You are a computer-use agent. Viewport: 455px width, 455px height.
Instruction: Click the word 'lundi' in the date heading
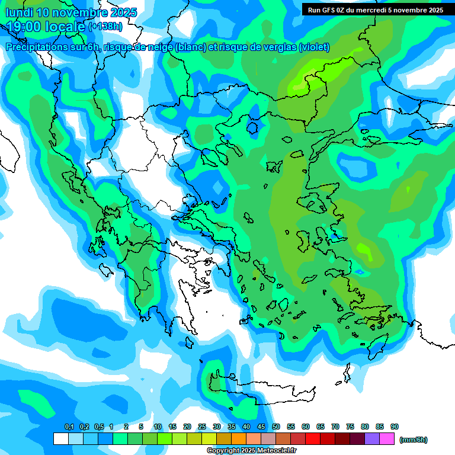click(x=19, y=12)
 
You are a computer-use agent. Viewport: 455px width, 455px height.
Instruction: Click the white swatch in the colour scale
click(x=60, y=439)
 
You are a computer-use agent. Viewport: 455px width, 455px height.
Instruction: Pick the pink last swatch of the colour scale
click(x=387, y=439)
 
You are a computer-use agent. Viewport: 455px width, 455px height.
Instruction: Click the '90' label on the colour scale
click(x=395, y=427)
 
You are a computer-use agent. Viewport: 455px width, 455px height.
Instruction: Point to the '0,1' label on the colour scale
click(x=69, y=427)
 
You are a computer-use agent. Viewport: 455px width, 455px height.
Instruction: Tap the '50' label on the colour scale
click(x=276, y=427)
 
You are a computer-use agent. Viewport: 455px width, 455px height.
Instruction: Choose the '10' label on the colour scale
click(x=158, y=427)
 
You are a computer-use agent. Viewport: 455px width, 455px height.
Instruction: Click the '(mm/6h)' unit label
click(x=414, y=440)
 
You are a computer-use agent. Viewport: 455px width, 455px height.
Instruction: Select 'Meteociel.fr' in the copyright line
click(x=275, y=451)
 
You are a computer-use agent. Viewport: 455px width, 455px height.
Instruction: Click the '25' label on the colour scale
click(x=202, y=427)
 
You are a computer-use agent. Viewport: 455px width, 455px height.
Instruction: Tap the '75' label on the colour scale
click(x=350, y=427)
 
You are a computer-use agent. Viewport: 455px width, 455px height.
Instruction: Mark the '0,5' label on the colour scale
click(x=99, y=427)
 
